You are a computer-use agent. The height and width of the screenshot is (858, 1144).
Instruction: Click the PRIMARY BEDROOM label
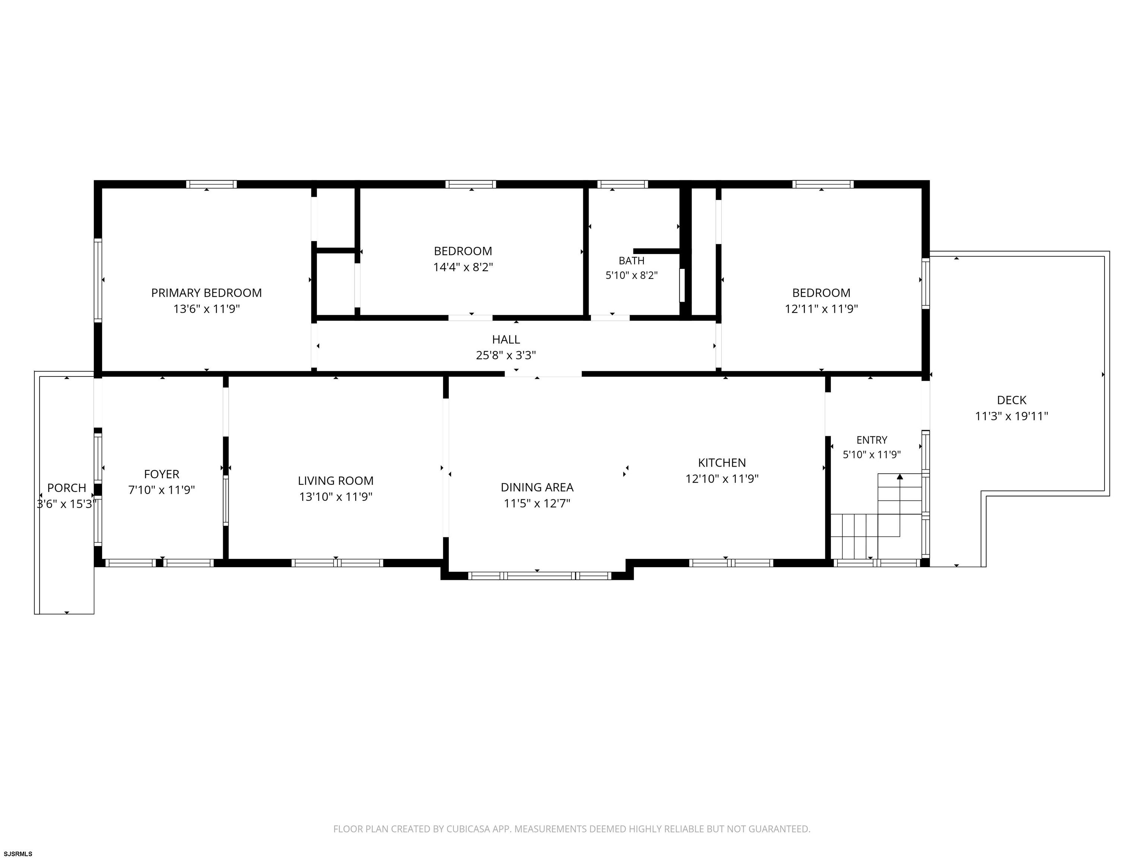coord(206,293)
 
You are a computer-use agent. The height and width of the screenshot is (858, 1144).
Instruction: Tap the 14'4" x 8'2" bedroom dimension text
coord(463,267)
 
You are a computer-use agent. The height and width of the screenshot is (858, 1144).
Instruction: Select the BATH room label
coord(632,261)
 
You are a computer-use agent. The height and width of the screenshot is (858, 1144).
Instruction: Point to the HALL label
coord(506,339)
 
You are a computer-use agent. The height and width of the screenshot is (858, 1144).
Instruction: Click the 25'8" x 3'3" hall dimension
coord(506,355)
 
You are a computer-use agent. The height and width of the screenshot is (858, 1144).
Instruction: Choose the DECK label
coord(1011,400)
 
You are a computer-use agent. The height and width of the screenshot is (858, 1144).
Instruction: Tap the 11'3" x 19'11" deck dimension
coord(1011,416)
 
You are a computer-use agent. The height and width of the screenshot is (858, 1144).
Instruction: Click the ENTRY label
coord(872,439)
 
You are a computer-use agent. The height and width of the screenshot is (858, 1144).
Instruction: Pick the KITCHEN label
coord(722,463)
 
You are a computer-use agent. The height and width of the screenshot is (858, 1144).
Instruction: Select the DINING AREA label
coord(537,487)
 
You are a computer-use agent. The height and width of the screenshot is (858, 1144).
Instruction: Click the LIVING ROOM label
coord(336,480)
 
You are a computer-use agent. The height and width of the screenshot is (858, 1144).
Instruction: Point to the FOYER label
coord(161,474)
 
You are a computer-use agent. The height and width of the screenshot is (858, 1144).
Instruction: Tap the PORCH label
coord(67,488)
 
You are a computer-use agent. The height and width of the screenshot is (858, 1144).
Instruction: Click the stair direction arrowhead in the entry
coord(900,476)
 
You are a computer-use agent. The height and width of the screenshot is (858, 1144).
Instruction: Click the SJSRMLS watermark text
coord(18,854)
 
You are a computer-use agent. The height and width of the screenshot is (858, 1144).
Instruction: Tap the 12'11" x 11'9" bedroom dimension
coord(821,309)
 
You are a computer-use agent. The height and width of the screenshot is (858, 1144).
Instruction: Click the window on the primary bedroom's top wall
coord(212,184)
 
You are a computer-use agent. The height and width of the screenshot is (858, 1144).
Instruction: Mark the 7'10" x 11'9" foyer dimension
coord(161,490)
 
